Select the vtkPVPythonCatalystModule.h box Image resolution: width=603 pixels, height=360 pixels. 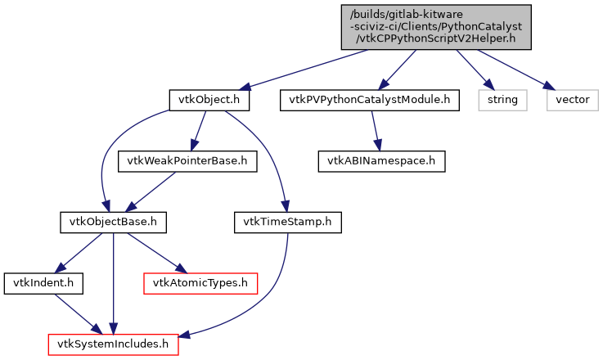tap(369, 100)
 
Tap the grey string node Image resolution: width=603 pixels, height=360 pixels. tap(502, 100)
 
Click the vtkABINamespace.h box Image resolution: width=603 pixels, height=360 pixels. tap(381, 161)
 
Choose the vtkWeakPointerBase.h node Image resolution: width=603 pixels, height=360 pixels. tap(187, 161)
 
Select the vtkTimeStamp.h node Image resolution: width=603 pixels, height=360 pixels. tap(287, 222)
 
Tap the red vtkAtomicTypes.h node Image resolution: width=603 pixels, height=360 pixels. tap(200, 283)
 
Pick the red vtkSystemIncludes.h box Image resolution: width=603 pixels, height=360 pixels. tap(113, 344)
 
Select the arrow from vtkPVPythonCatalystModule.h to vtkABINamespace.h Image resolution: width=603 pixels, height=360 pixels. tap(376, 131)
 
